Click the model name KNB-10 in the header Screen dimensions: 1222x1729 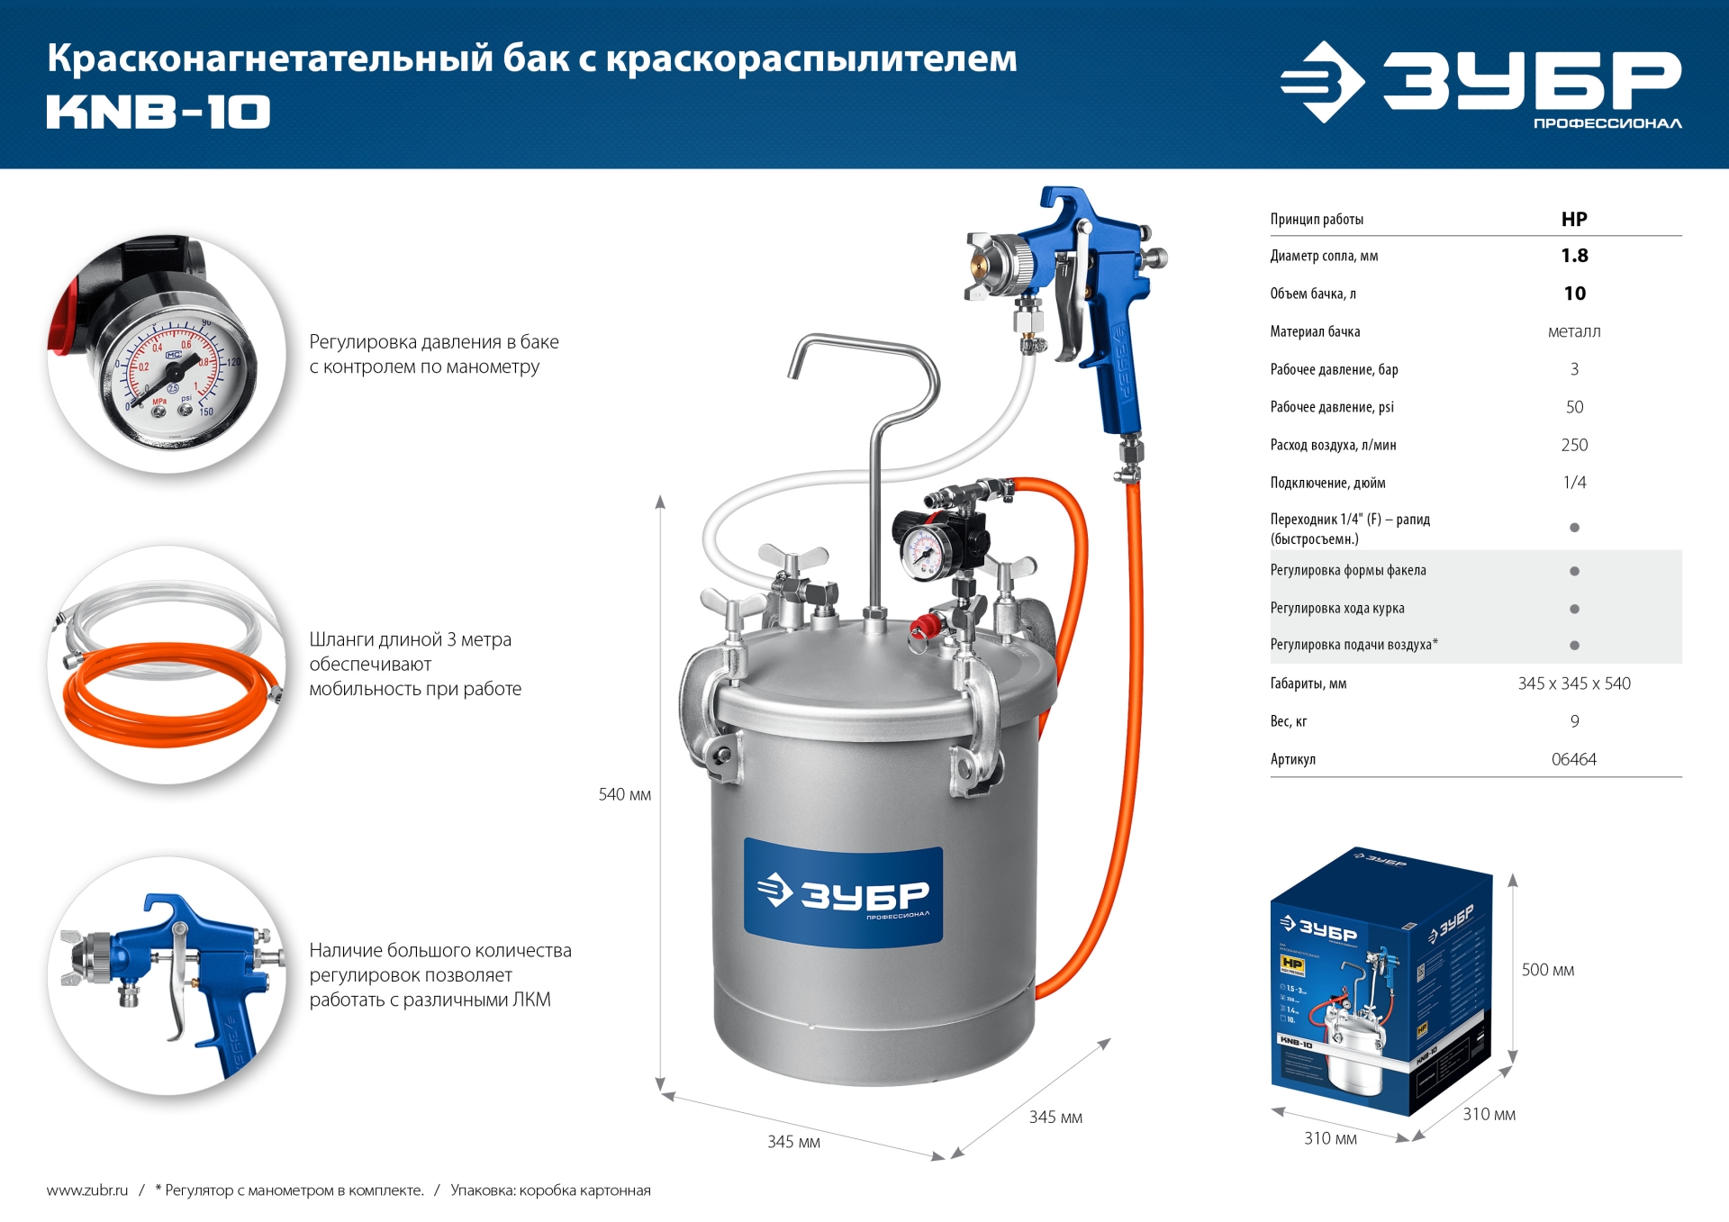pos(158,113)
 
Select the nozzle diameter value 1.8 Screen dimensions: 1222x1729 pos(1573,256)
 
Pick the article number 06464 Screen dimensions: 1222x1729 pos(1573,759)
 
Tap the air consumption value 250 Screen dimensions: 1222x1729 pos(1573,445)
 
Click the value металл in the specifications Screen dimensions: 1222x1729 pos(1573,331)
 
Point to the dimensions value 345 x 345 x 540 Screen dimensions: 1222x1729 pos(1573,683)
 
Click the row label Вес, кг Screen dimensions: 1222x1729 pos(1288,721)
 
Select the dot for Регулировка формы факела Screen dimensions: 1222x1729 pos(1573,571)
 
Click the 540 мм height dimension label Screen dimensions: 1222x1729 pos(624,794)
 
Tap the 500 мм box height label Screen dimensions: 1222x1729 pos(1547,970)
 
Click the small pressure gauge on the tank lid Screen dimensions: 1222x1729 pos(922,551)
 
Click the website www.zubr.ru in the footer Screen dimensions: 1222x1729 pos(87,1190)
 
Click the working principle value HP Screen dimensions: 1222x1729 pos(1573,219)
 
